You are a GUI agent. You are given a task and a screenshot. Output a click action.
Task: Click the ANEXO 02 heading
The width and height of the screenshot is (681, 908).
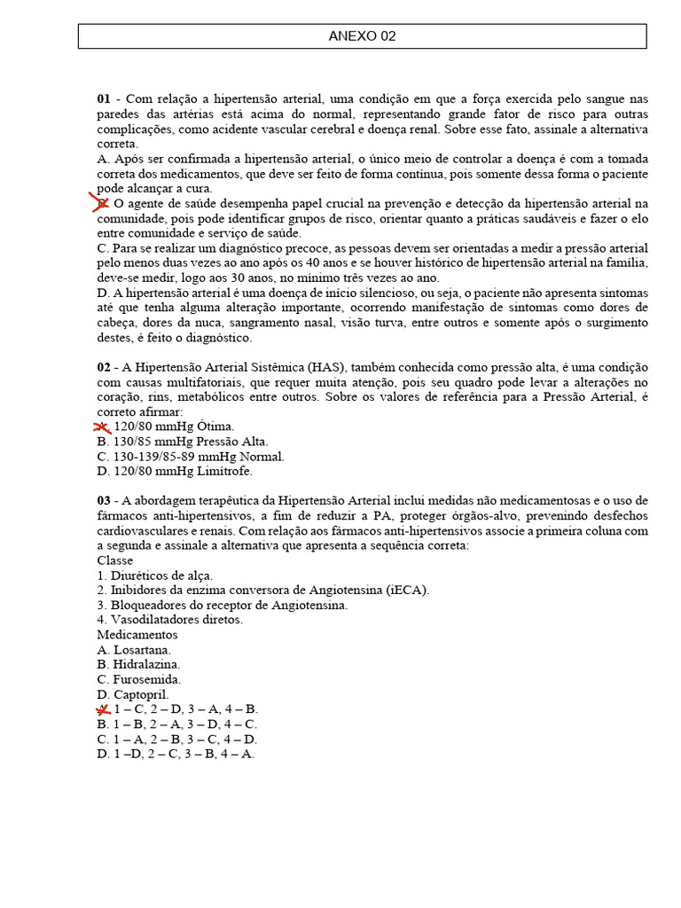tap(362, 36)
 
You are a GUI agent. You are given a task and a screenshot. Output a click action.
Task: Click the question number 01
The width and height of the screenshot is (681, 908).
tap(104, 98)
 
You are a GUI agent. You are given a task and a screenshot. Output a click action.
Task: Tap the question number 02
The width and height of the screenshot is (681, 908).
tap(104, 367)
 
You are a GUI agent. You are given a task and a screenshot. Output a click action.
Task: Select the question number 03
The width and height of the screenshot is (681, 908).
tap(104, 501)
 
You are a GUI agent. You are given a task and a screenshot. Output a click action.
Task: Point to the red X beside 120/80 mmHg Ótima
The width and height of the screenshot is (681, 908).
tap(103, 427)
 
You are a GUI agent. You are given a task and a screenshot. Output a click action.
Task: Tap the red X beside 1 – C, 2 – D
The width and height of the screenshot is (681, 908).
tap(103, 709)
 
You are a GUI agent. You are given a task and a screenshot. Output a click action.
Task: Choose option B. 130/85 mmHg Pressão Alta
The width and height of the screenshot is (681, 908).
tap(183, 442)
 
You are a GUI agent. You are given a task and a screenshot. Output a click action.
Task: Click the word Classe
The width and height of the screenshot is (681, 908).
tap(115, 560)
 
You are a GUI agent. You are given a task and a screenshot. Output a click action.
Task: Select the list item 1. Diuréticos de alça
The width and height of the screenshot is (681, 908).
tap(155, 575)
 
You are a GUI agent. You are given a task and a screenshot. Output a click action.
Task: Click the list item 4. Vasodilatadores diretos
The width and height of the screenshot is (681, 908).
tap(170, 620)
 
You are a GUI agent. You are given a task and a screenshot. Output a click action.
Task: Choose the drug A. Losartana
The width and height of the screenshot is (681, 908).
tap(134, 650)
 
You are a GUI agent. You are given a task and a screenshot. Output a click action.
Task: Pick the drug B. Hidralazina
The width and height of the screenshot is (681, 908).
tap(138, 664)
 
